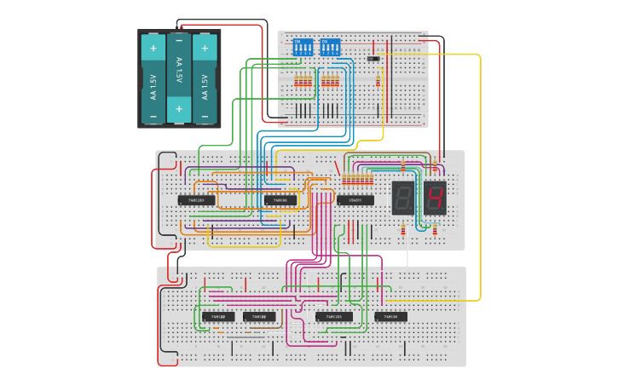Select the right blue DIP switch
coord(330,47)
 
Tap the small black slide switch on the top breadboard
coord(373,58)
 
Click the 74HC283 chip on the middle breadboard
coord(196,200)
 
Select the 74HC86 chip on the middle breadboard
coord(280,200)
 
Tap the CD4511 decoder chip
coord(355,200)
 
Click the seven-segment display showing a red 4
coord(435,198)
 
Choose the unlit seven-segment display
coord(403,198)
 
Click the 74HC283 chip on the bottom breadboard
coord(334,316)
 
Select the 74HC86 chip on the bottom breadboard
coord(391,316)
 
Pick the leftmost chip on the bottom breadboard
coord(218,316)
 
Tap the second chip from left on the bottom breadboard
coord(260,316)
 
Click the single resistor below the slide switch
coord(378,82)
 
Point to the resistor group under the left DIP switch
coord(303,82)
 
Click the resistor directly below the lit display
coord(435,229)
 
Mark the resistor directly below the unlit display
coord(403,229)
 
